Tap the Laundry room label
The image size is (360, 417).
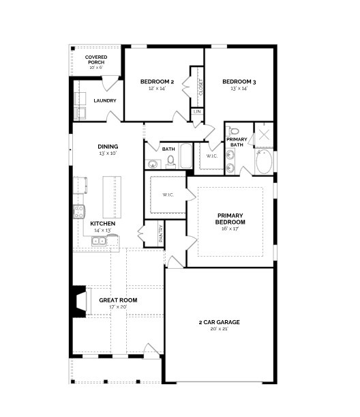[104, 100]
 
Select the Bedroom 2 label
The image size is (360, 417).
[157, 82]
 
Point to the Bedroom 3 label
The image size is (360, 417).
[239, 82]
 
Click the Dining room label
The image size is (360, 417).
[108, 146]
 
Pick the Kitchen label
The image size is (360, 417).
[102, 223]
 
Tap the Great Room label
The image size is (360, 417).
[118, 300]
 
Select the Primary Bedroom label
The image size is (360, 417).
[230, 218]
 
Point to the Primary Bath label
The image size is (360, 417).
[237, 141]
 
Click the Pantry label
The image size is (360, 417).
[161, 233]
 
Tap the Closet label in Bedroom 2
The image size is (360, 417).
[200, 87]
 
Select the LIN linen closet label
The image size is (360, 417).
[197, 111]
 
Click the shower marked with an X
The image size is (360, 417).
[264, 134]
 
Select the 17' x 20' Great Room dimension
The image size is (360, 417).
[118, 307]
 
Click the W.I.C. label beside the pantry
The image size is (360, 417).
[168, 195]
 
